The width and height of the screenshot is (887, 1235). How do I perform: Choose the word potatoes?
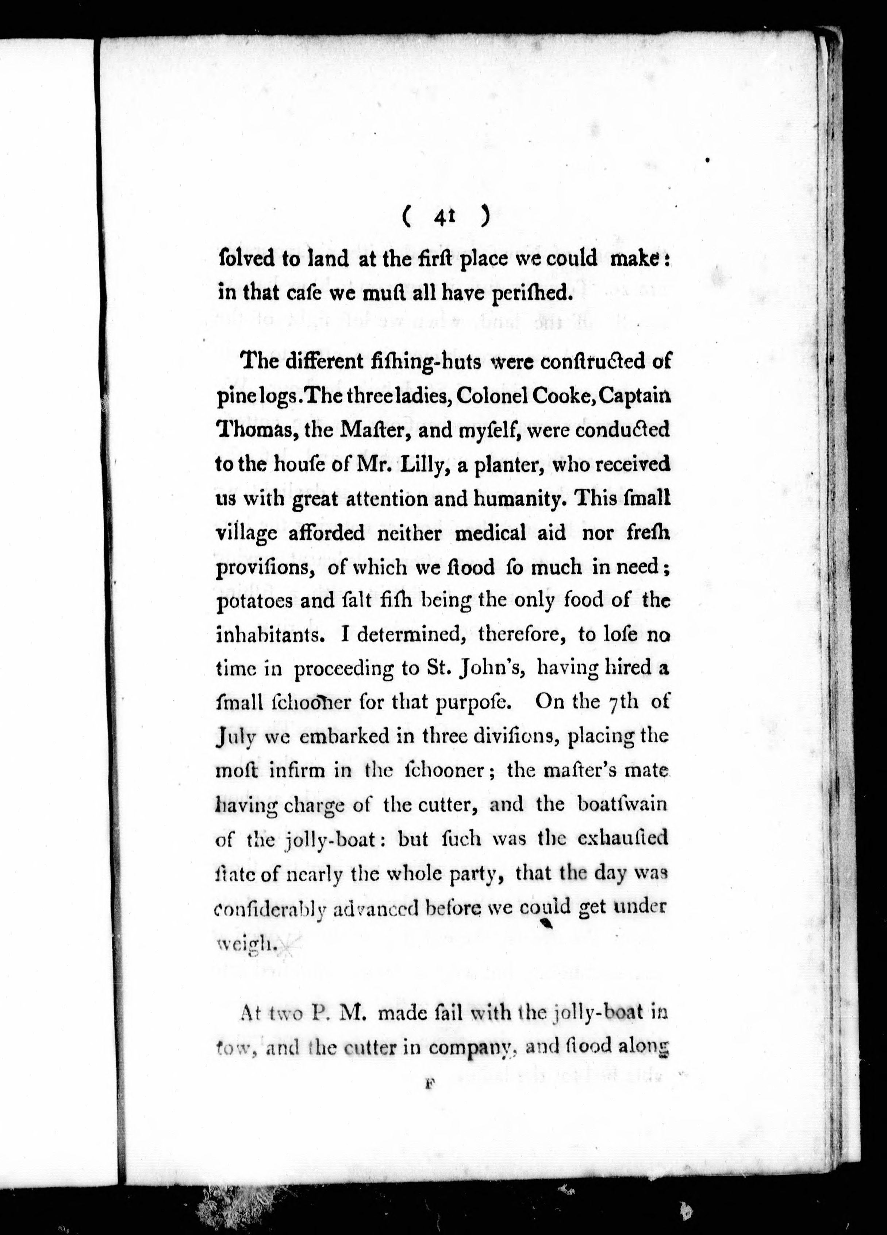click(253, 602)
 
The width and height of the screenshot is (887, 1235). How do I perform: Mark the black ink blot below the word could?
click(546, 923)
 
